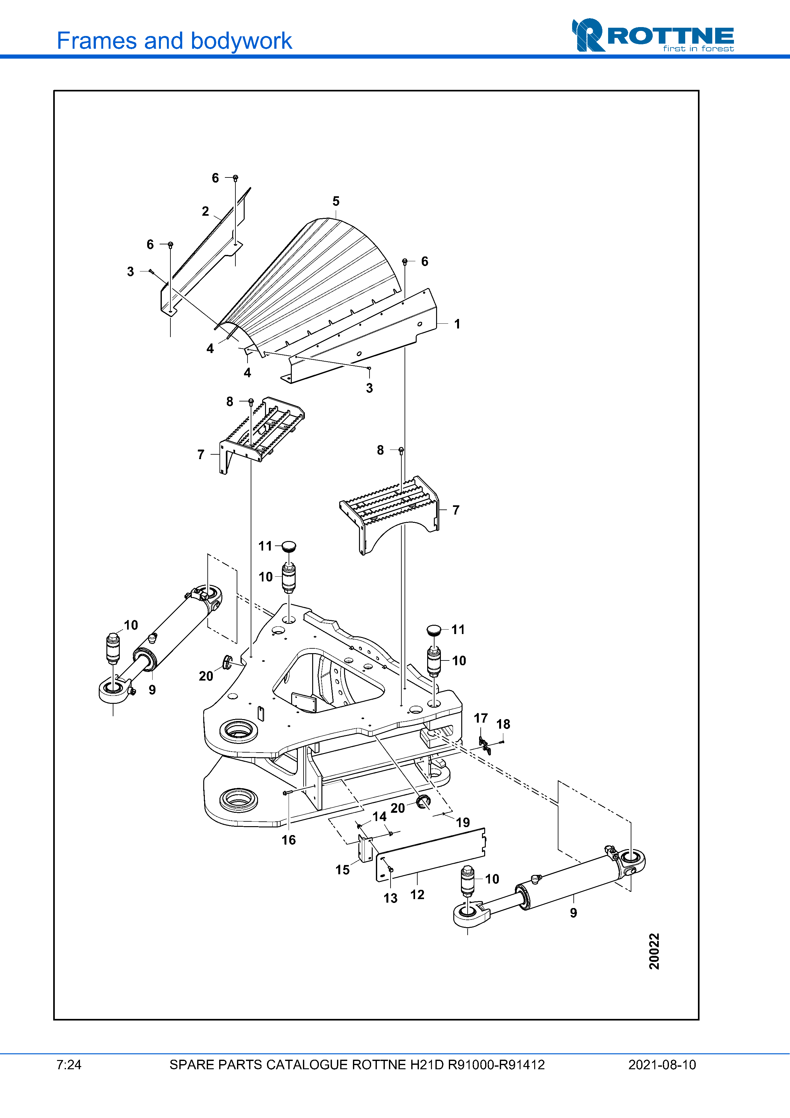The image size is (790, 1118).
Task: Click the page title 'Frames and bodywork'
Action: (x=174, y=41)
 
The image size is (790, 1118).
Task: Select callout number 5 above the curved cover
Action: (x=336, y=201)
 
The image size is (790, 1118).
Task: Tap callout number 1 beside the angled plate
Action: (x=457, y=324)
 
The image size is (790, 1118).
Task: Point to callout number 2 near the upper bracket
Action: (x=205, y=211)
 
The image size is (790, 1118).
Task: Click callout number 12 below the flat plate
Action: (x=417, y=895)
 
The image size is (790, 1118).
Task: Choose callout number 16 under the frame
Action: (x=289, y=840)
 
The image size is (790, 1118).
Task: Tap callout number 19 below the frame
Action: (x=463, y=822)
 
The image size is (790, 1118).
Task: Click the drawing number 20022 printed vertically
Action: (x=654, y=951)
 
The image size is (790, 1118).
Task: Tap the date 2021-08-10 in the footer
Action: (x=662, y=1065)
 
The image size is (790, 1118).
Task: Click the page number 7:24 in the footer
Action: (x=69, y=1065)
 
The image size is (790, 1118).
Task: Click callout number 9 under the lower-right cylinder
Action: (x=573, y=913)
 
